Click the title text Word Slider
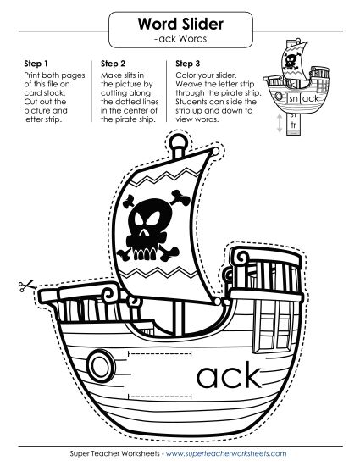click(x=180, y=24)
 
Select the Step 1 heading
click(x=36, y=64)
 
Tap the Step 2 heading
click(x=113, y=64)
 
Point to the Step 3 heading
click(x=188, y=64)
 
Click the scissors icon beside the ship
click(x=26, y=286)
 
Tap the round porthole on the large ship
click(x=101, y=364)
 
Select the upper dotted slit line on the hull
click(x=159, y=353)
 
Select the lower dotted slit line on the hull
click(x=159, y=397)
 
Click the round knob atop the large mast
click(x=178, y=141)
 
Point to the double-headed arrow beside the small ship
click(x=280, y=123)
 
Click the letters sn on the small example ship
click(x=293, y=98)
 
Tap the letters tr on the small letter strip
click(x=294, y=125)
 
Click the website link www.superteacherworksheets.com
click(x=226, y=453)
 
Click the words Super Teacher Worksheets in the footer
click(x=115, y=453)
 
